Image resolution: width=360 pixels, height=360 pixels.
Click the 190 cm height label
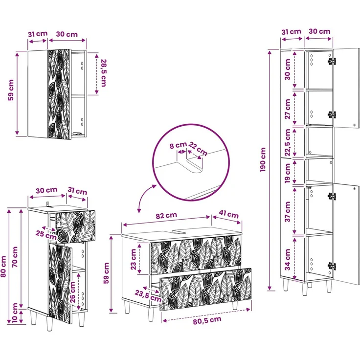click(x=263, y=160)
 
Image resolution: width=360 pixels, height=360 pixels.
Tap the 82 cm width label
click(x=166, y=215)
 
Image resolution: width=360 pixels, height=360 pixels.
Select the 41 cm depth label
click(x=228, y=214)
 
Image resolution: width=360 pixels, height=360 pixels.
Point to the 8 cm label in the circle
click(x=178, y=145)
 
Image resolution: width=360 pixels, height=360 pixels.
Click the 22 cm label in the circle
click(x=198, y=149)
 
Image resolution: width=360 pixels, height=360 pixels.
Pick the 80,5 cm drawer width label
click(x=207, y=320)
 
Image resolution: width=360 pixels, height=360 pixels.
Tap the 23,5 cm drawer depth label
click(x=148, y=296)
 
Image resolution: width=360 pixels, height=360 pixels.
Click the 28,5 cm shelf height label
click(x=104, y=73)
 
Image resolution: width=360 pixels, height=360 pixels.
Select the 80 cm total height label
click(x=3, y=267)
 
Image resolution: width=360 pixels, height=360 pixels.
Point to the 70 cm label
click(x=15, y=257)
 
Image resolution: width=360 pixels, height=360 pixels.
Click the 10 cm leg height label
click(x=15, y=313)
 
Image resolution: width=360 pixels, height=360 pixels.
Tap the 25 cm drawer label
click(x=46, y=235)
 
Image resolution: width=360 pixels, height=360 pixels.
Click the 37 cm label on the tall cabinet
click(x=288, y=212)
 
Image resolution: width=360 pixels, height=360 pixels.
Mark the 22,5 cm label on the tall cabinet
click(x=288, y=142)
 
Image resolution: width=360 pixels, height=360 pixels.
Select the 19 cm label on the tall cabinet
click(x=288, y=173)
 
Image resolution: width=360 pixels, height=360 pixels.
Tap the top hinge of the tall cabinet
click(x=332, y=61)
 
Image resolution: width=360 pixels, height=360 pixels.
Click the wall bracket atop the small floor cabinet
click(x=48, y=204)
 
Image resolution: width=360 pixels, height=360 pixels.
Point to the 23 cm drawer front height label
click(x=134, y=259)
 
